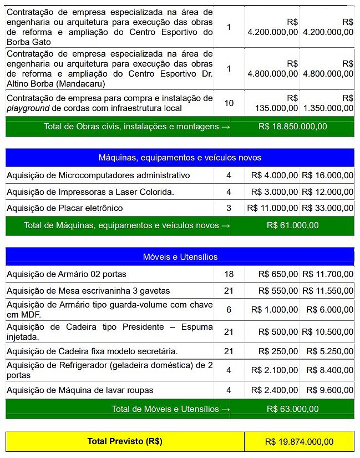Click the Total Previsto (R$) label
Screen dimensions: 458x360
(x=125, y=441)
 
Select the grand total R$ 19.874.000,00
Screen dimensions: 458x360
(x=299, y=441)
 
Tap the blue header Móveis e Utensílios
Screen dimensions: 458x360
(x=180, y=256)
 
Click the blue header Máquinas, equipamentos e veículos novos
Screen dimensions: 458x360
(x=180, y=158)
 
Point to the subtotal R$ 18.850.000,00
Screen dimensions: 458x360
(x=292, y=127)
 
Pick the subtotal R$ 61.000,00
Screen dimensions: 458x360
(x=292, y=225)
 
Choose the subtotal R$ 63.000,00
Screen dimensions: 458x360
(x=292, y=409)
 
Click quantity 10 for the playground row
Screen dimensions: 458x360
(x=229, y=103)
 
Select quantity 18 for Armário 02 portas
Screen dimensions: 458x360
(x=229, y=274)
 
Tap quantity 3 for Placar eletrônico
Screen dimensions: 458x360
(x=229, y=208)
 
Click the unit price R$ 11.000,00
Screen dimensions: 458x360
(x=272, y=208)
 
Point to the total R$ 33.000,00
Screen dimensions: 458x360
(x=327, y=208)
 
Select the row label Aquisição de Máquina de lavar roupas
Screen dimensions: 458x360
(x=80, y=390)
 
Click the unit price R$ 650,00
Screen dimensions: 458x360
(x=278, y=274)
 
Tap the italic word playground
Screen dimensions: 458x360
(x=26, y=108)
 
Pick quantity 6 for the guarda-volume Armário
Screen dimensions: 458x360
(x=229, y=310)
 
